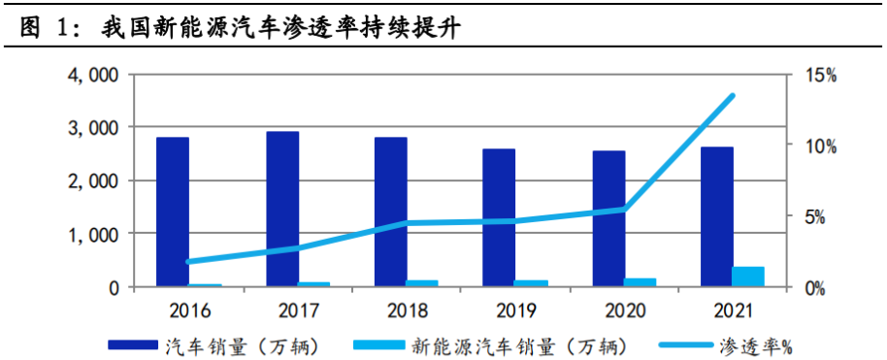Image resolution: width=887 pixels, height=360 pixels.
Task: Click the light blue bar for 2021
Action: point(747,277)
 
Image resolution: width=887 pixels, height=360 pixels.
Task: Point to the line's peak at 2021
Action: point(732,95)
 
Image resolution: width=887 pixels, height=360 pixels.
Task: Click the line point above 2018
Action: point(406,223)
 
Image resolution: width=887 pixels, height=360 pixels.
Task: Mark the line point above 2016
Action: point(188,261)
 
